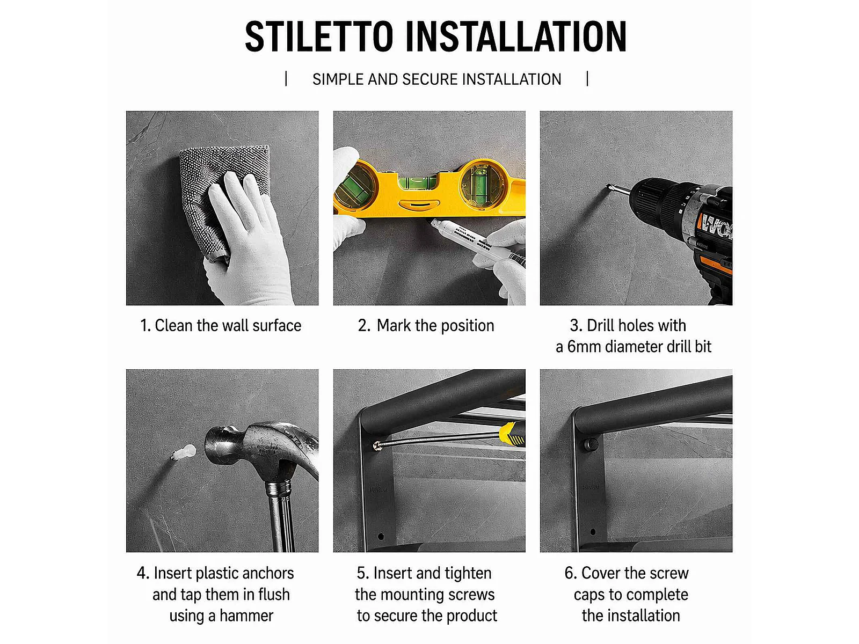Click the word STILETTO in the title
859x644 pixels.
tap(319, 36)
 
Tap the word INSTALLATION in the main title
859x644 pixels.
tap(516, 36)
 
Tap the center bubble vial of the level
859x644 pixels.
tap(418, 182)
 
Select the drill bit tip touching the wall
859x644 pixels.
tap(608, 187)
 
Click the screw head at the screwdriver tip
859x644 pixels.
tap(377, 445)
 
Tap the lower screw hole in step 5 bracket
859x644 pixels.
tap(381, 536)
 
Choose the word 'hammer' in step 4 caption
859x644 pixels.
tap(246, 616)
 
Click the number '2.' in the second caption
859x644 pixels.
tap(364, 326)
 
